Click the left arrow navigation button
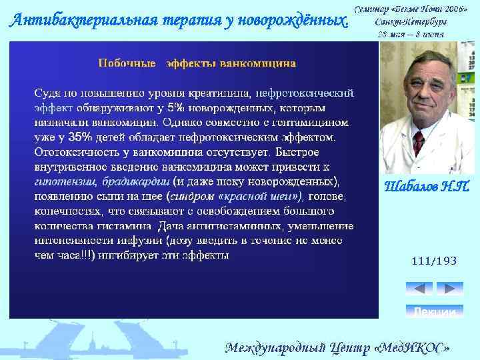click(x=419, y=289)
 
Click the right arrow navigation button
click(x=449, y=289)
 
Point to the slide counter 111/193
click(x=434, y=261)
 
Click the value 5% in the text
click(x=176, y=107)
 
